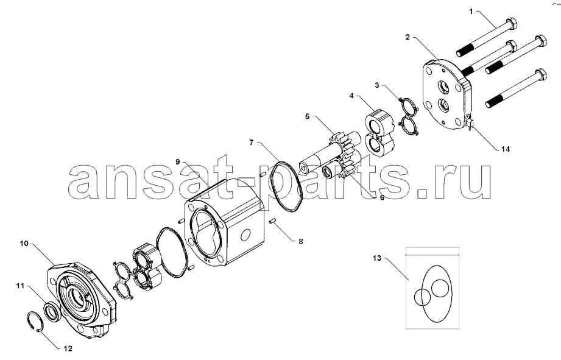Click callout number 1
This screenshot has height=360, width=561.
(x=471, y=12)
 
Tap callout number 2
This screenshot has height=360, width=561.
(x=408, y=37)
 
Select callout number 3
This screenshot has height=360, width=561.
(x=377, y=85)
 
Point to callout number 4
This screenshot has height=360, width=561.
(x=351, y=96)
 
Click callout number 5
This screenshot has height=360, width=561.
(x=308, y=116)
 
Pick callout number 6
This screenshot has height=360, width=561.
(x=382, y=197)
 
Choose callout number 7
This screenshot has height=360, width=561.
(x=252, y=143)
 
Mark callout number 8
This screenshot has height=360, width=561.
(x=300, y=242)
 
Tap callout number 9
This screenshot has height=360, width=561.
(x=178, y=161)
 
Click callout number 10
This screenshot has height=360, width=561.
(x=24, y=244)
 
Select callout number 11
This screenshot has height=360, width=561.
(x=20, y=286)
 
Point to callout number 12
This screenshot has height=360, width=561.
(x=68, y=348)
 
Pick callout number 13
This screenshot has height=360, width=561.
(x=377, y=258)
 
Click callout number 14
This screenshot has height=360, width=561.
(x=505, y=149)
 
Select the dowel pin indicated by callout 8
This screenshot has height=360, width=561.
(x=272, y=222)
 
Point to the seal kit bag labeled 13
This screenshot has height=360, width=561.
(x=432, y=288)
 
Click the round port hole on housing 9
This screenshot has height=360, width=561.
(x=246, y=236)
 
